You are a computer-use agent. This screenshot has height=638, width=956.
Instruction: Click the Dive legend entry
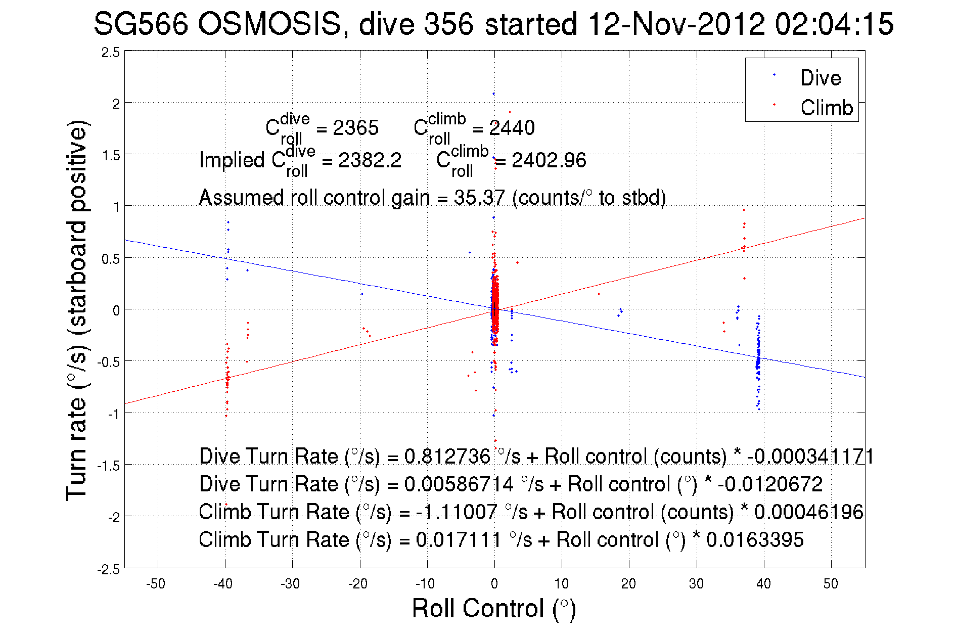820,78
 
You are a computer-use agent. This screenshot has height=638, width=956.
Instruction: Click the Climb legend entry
826,108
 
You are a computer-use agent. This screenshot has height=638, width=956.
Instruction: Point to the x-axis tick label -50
156,584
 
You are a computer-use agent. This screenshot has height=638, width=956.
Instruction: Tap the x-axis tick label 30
696,584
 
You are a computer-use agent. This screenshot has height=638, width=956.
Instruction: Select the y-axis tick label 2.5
111,53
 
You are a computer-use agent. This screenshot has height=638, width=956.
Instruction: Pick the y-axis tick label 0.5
111,259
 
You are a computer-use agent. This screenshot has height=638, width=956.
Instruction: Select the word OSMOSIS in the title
269,24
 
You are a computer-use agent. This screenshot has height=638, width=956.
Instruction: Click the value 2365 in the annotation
355,128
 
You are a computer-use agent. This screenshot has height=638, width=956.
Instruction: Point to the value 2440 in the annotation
512,128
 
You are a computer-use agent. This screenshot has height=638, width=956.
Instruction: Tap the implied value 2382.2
370,161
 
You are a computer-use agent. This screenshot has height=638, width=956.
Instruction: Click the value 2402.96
549,161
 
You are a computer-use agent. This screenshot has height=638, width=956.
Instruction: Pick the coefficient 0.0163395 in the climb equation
754,540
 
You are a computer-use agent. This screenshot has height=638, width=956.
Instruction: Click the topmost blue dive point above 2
493,94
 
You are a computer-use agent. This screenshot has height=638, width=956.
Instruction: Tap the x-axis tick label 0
494,584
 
